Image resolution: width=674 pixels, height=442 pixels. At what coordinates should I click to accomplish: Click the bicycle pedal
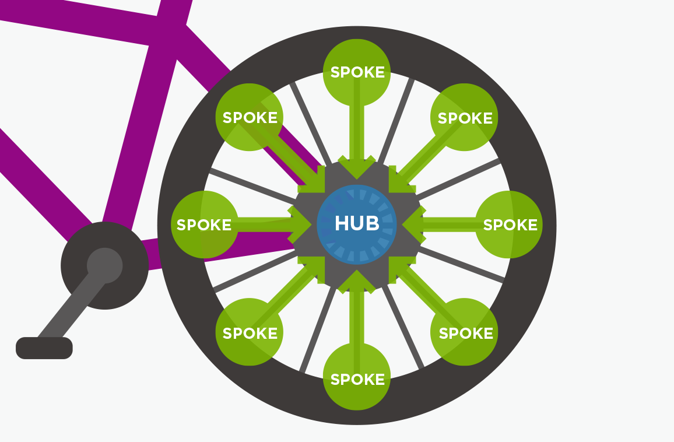point(44,348)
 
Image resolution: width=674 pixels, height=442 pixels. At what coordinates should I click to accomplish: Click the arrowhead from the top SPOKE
point(357,169)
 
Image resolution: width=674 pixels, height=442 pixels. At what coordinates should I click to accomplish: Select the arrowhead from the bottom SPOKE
point(357,280)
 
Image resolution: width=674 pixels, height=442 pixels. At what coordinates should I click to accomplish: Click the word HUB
point(357,223)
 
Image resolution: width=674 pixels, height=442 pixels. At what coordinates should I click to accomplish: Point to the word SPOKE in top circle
point(357,72)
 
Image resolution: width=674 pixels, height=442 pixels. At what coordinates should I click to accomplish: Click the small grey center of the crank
point(105,266)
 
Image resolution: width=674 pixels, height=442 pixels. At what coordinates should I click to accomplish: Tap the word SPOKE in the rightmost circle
point(510,225)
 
